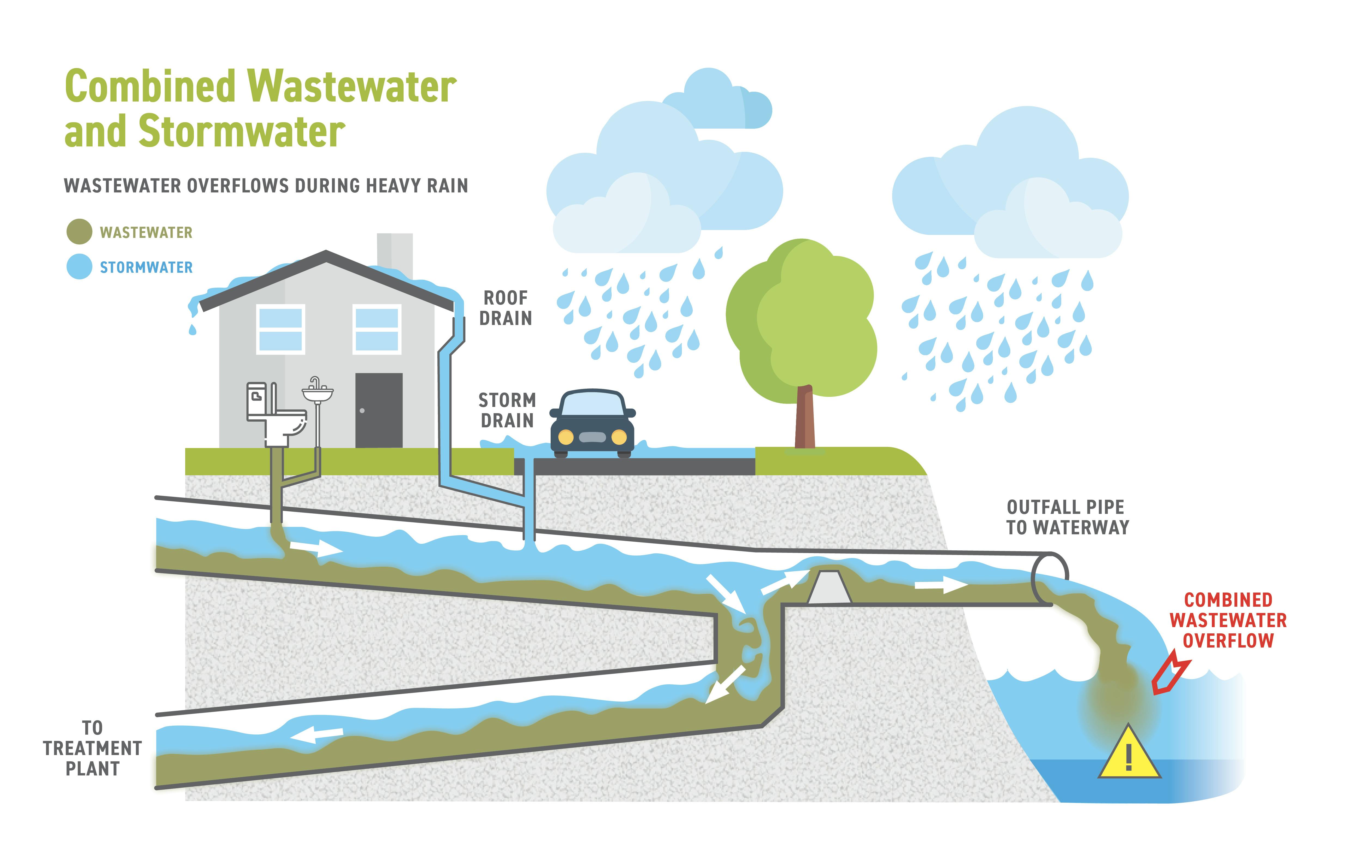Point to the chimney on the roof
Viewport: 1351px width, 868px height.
pyautogui.click(x=395, y=251)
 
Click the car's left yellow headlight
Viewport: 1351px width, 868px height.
pyautogui.click(x=566, y=437)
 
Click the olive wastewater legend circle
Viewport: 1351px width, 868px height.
pyautogui.click(x=79, y=232)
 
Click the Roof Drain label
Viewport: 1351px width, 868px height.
pyautogui.click(x=505, y=308)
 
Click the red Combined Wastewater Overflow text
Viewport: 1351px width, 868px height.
pyautogui.click(x=1228, y=620)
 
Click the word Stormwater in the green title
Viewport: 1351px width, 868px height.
pyautogui.click(x=241, y=131)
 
